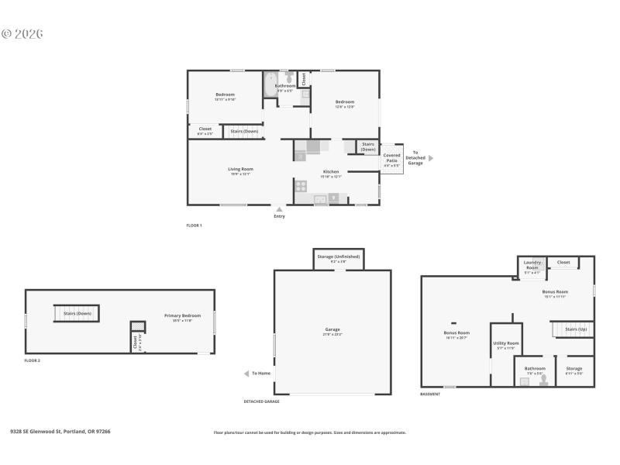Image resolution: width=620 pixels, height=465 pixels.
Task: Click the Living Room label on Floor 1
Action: tap(240, 169)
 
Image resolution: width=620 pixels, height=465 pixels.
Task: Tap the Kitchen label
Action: tap(331, 171)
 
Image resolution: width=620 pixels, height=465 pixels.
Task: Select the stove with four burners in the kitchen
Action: tap(301, 185)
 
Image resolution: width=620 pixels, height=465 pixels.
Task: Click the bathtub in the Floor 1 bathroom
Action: tap(270, 84)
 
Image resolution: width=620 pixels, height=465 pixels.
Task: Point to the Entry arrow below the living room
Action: tap(279, 208)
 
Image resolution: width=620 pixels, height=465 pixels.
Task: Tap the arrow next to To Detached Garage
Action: tap(432, 158)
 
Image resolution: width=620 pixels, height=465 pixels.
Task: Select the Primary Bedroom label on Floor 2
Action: tap(182, 315)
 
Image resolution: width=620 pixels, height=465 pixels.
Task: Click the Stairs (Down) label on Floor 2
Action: tap(77, 313)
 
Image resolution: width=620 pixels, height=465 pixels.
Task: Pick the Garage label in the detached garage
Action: tap(332, 329)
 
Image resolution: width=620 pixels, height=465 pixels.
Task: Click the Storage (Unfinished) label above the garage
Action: tap(339, 257)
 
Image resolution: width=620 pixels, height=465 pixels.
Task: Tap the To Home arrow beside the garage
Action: tap(247, 374)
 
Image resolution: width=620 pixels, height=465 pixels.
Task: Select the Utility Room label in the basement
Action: tap(506, 343)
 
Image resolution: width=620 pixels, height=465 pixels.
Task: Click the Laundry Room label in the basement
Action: tap(532, 265)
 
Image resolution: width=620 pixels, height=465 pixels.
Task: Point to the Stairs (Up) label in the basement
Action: tap(576, 329)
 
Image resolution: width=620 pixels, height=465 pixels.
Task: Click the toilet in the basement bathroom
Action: tap(543, 380)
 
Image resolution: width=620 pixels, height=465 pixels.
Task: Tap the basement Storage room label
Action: tap(574, 368)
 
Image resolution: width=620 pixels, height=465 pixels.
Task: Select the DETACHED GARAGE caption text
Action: tap(261, 401)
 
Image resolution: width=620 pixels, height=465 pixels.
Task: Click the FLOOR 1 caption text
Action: tap(194, 226)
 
